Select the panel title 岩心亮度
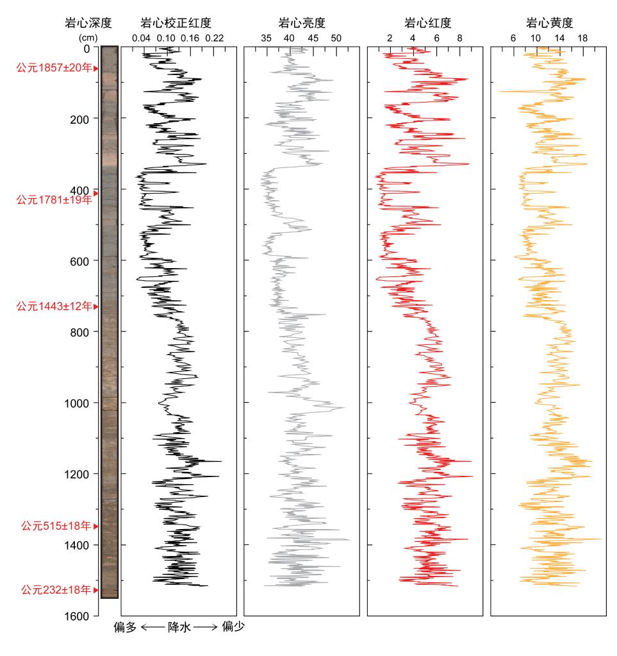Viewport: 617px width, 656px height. point(301,24)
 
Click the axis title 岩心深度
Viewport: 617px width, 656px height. point(88,24)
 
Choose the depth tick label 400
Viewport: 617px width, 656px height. point(86,190)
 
